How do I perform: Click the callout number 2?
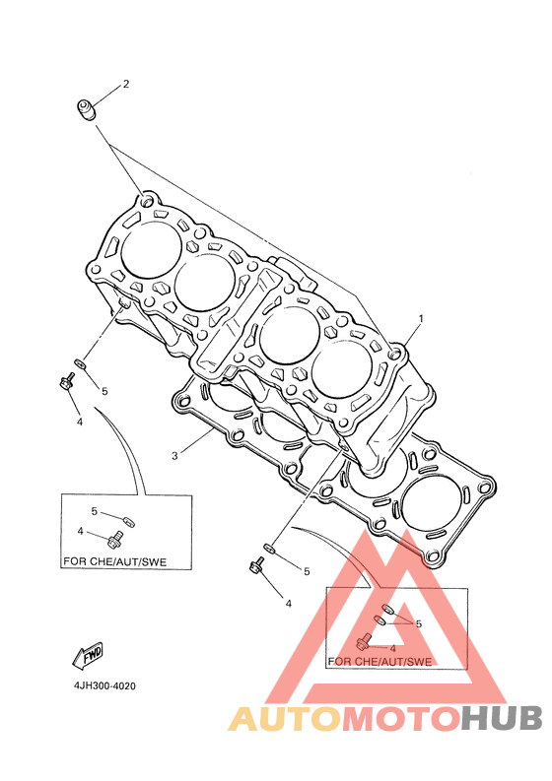pyautogui.click(x=125, y=84)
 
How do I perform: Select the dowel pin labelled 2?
pyautogui.click(x=86, y=109)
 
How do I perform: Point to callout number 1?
pyautogui.click(x=421, y=318)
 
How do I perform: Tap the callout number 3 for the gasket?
pyautogui.click(x=174, y=455)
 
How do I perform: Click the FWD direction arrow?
pyautogui.click(x=88, y=654)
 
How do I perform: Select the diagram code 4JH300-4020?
pyautogui.click(x=104, y=685)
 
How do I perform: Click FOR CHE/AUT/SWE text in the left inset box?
pyautogui.click(x=114, y=561)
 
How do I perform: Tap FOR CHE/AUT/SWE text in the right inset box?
pyautogui.click(x=379, y=662)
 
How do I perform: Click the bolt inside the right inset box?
pyautogui.click(x=364, y=641)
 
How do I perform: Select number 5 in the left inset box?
pyautogui.click(x=94, y=511)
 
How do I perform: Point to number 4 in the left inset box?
pyautogui.click(x=80, y=531)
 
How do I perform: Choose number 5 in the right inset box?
pyautogui.click(x=418, y=623)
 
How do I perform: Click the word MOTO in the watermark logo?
pyautogui.click(x=400, y=719)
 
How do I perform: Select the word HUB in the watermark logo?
pyautogui.click(x=501, y=719)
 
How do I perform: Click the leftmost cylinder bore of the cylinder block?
pyautogui.click(x=151, y=250)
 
